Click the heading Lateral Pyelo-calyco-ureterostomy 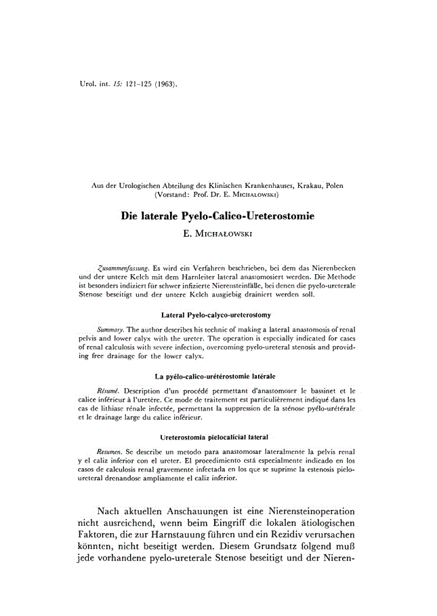pyautogui.click(x=217, y=315)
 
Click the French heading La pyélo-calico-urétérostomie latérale pyautogui.click(x=217, y=376)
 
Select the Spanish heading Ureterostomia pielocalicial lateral pyautogui.click(x=217, y=437)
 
